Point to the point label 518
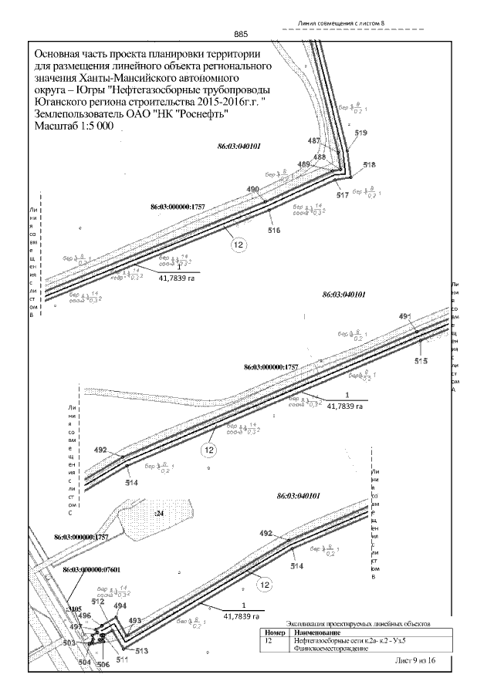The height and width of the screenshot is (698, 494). pyautogui.click(x=369, y=166)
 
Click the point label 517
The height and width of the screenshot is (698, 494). pyautogui.click(x=343, y=195)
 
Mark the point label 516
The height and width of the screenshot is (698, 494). pyautogui.click(x=274, y=230)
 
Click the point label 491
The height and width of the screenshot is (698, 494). pyautogui.click(x=406, y=317)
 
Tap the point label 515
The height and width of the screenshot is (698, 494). pyautogui.click(x=421, y=361)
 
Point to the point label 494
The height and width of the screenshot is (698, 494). pyautogui.click(x=120, y=606)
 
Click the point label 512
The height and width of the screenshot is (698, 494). pyautogui.click(x=97, y=602)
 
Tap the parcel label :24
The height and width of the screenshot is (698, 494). pyautogui.click(x=159, y=512)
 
